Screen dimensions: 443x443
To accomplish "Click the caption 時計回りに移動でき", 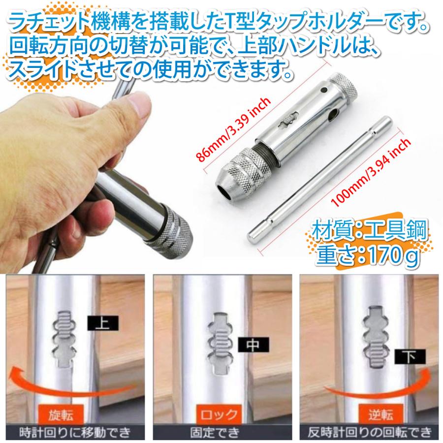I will coord(74,433).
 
